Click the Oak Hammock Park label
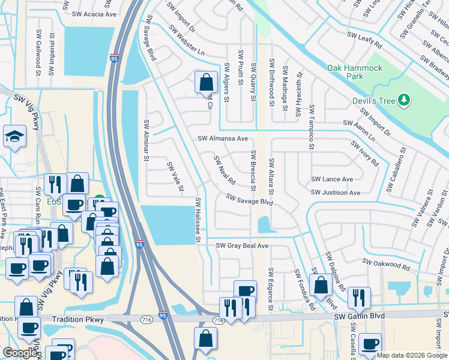click(x=354, y=72)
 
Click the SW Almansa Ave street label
click(x=223, y=138)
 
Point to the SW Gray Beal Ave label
click(x=242, y=245)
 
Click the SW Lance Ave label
click(x=332, y=179)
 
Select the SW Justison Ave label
click(x=335, y=193)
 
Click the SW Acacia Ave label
click(x=94, y=13)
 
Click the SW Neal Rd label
click(x=224, y=170)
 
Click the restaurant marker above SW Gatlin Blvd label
click(x=358, y=298)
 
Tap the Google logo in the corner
click(x=20, y=353)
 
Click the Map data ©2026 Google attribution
click(x=411, y=355)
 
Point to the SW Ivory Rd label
click(x=365, y=154)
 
